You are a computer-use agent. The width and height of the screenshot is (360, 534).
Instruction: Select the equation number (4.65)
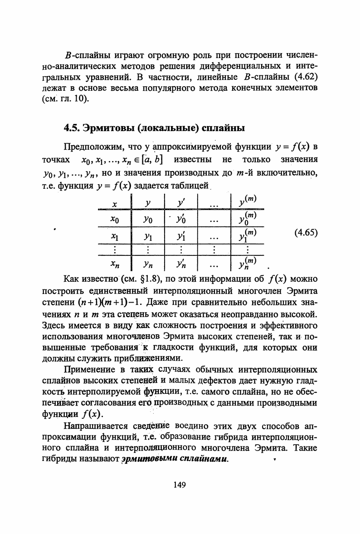(306, 233)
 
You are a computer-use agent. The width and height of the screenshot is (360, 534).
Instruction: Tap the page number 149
(180, 485)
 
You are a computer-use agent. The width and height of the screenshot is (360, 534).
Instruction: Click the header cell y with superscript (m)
(248, 201)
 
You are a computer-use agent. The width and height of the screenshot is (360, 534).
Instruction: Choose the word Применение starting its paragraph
(90, 369)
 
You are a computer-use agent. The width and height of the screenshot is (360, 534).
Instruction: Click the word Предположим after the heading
(93, 148)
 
